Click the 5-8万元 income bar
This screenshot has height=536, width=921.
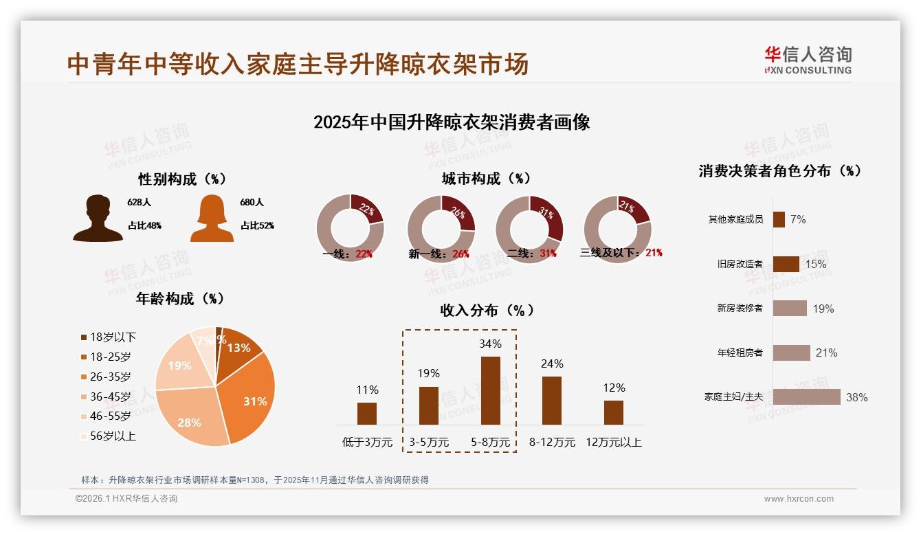tap(490, 390)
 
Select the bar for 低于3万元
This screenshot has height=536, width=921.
tap(367, 414)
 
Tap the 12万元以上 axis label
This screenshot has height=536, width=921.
tap(613, 443)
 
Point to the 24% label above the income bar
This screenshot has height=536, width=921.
tap(552, 364)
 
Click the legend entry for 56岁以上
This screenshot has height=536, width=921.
tap(109, 436)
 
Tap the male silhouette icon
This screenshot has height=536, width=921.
tap(98, 218)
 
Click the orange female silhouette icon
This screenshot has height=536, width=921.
tap(212, 218)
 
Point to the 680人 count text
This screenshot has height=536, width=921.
tap(252, 203)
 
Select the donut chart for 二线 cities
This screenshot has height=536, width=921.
tap(529, 228)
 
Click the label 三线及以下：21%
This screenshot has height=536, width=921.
tap(621, 253)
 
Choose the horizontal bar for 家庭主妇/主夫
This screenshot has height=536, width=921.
tap(806, 397)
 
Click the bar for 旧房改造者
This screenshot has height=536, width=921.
tap(786, 264)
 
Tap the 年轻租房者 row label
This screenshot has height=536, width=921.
tap(740, 353)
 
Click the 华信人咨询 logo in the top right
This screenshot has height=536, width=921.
tap(808, 60)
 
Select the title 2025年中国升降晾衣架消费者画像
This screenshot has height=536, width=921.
tap(452, 122)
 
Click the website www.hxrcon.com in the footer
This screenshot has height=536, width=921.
tap(798, 499)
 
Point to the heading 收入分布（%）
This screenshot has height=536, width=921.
tap(487, 310)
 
